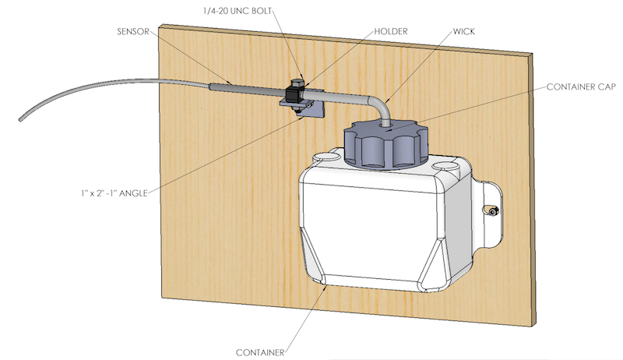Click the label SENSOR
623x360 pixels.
tap(136, 34)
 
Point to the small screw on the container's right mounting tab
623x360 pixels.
tap(491, 210)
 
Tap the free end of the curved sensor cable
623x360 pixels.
tap(20, 118)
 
